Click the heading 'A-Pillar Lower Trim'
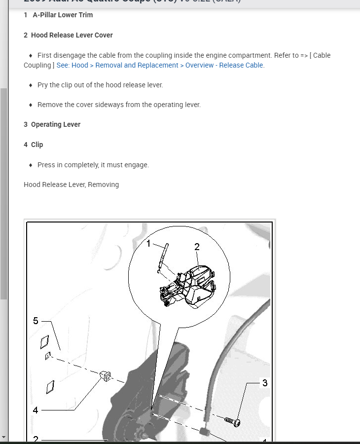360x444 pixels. point(63,15)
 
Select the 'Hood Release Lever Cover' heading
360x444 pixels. point(72,35)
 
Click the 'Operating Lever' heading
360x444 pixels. point(55,124)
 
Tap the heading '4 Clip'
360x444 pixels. point(34,145)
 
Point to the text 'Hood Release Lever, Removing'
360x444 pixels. point(71,185)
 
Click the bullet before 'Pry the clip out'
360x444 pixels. point(31,85)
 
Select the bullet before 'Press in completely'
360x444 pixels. point(31,165)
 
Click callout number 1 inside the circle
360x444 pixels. point(148,243)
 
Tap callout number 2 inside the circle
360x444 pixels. point(197,247)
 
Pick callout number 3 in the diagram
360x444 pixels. point(265,383)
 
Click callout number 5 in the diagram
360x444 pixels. point(36,321)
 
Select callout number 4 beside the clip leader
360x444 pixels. point(36,410)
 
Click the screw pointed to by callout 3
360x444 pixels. point(232,421)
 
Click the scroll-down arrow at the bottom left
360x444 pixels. point(4,437)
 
